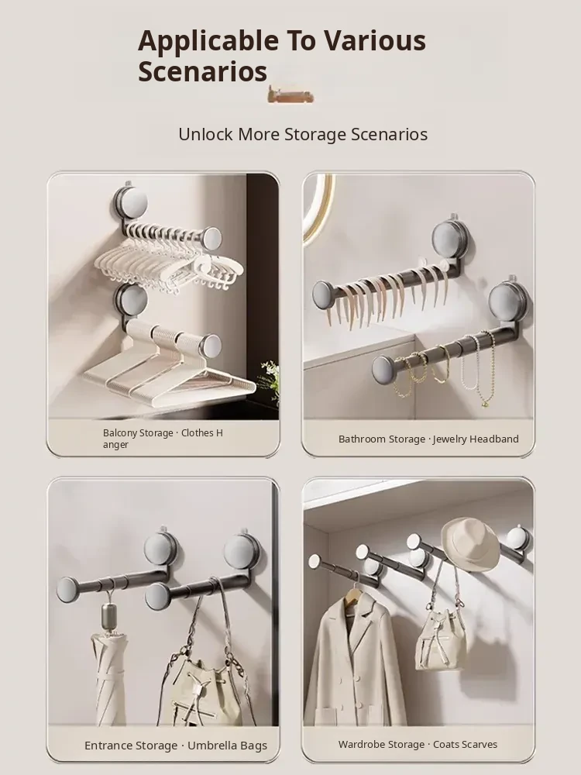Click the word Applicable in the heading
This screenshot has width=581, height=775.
(208, 42)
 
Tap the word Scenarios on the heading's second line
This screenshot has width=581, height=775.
(202, 71)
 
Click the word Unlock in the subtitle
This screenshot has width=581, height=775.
(205, 134)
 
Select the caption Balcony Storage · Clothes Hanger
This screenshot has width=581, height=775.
(163, 439)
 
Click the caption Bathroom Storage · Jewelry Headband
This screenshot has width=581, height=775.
(428, 439)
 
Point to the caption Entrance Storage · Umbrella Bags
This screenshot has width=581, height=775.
(175, 746)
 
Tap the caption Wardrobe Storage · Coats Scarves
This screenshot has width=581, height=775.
(418, 744)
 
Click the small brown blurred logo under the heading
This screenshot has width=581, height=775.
(290, 95)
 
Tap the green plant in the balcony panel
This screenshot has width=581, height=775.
(270, 381)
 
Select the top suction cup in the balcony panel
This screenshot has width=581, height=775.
(130, 203)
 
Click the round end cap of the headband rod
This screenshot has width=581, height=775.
(325, 295)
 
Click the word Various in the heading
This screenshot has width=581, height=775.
(375, 42)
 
